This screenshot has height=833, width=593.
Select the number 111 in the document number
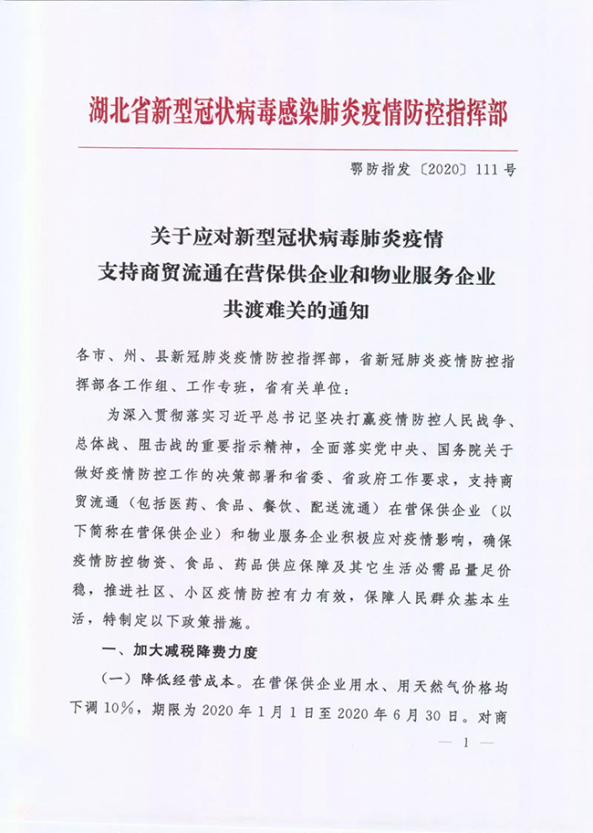point(482,171)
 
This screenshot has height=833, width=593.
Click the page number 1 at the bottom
point(465,744)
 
